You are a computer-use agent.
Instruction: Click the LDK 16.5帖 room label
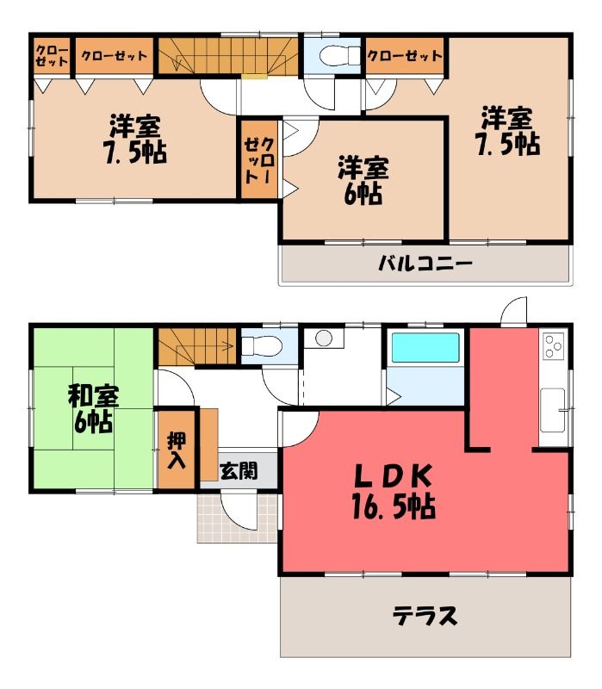click(394, 492)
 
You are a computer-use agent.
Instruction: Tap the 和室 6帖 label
click(93, 409)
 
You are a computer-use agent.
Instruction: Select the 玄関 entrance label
click(239, 471)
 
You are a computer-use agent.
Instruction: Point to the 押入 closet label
click(177, 450)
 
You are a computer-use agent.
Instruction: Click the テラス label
click(425, 616)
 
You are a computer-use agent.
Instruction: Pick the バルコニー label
click(425, 264)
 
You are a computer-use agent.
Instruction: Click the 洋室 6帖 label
click(363, 180)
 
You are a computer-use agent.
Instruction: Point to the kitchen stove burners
click(553, 346)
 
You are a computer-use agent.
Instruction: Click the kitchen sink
click(553, 410)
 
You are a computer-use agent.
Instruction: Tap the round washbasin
click(324, 338)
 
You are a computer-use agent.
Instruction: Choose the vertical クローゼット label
click(260, 160)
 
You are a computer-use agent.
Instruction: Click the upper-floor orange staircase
click(228, 56)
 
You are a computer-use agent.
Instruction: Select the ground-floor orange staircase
click(198, 347)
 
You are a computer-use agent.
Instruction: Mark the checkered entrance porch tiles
click(237, 518)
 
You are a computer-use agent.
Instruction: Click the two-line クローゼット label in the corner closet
click(52, 56)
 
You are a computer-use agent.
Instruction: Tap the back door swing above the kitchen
click(514, 311)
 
